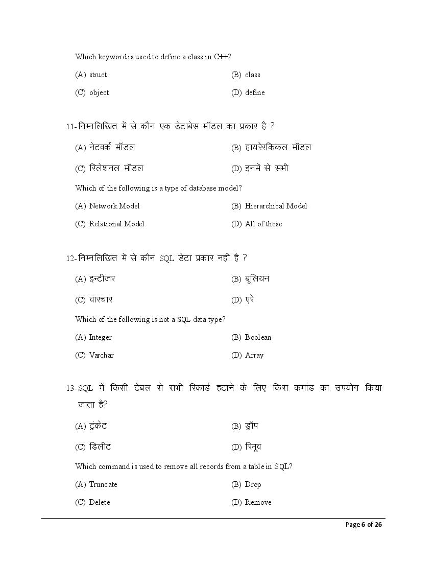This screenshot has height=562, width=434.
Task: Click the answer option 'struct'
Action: tap(98, 75)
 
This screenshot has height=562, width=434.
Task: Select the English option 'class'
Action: tap(252, 75)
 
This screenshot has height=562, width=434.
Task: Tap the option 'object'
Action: tap(99, 92)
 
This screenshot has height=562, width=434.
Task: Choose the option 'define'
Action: tap(255, 92)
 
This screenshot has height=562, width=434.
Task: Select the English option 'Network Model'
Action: tap(114, 206)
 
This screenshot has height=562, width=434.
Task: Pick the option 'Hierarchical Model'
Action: tap(276, 206)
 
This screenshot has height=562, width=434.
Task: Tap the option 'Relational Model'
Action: tap(116, 224)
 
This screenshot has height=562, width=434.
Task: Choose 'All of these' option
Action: tap(263, 224)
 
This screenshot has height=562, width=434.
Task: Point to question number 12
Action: tap(70, 259)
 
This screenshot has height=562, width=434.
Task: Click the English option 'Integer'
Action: tap(100, 337)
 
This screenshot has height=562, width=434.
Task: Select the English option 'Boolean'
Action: tap(258, 337)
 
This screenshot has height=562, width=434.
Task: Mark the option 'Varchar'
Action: tap(101, 355)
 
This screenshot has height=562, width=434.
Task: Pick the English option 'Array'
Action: tap(254, 355)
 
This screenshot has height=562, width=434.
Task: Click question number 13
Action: tap(70, 388)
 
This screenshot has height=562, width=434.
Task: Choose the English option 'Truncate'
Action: tap(103, 484)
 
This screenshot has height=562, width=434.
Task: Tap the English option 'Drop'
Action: tap(253, 484)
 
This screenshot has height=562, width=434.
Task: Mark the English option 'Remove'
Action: tap(258, 502)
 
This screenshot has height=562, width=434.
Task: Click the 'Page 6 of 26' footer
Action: tap(364, 525)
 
